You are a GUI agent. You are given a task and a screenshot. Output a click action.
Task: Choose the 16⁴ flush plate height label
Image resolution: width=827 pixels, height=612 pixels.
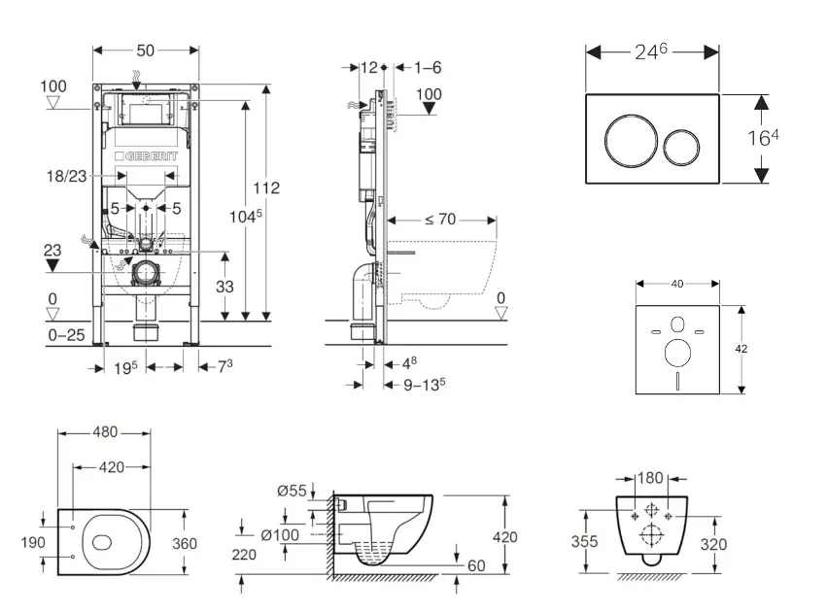(763, 138)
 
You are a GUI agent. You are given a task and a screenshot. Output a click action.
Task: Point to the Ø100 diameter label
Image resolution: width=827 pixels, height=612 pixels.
(282, 533)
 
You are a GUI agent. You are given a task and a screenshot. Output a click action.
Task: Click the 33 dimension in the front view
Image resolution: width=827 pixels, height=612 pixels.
(224, 287)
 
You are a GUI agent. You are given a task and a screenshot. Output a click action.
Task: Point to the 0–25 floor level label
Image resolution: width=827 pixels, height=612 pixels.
(65, 335)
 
